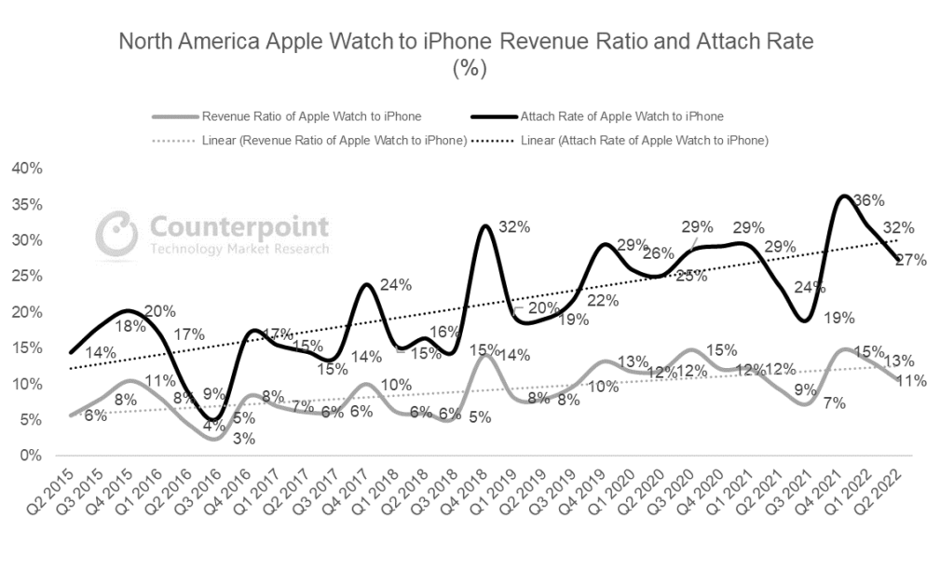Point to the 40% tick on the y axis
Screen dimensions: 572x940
pyautogui.click(x=25, y=169)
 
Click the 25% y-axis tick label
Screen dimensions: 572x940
pyautogui.click(x=25, y=277)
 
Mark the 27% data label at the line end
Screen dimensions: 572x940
pyautogui.click(x=910, y=260)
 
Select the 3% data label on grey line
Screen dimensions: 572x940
pyautogui.click(x=218, y=439)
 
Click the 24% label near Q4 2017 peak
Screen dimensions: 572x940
pyautogui.click(x=396, y=285)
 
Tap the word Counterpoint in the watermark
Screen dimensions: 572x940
pyautogui.click(x=238, y=226)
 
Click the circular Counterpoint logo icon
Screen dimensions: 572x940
pyautogui.click(x=119, y=234)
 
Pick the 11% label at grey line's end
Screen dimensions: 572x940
pyautogui.click(x=910, y=380)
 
